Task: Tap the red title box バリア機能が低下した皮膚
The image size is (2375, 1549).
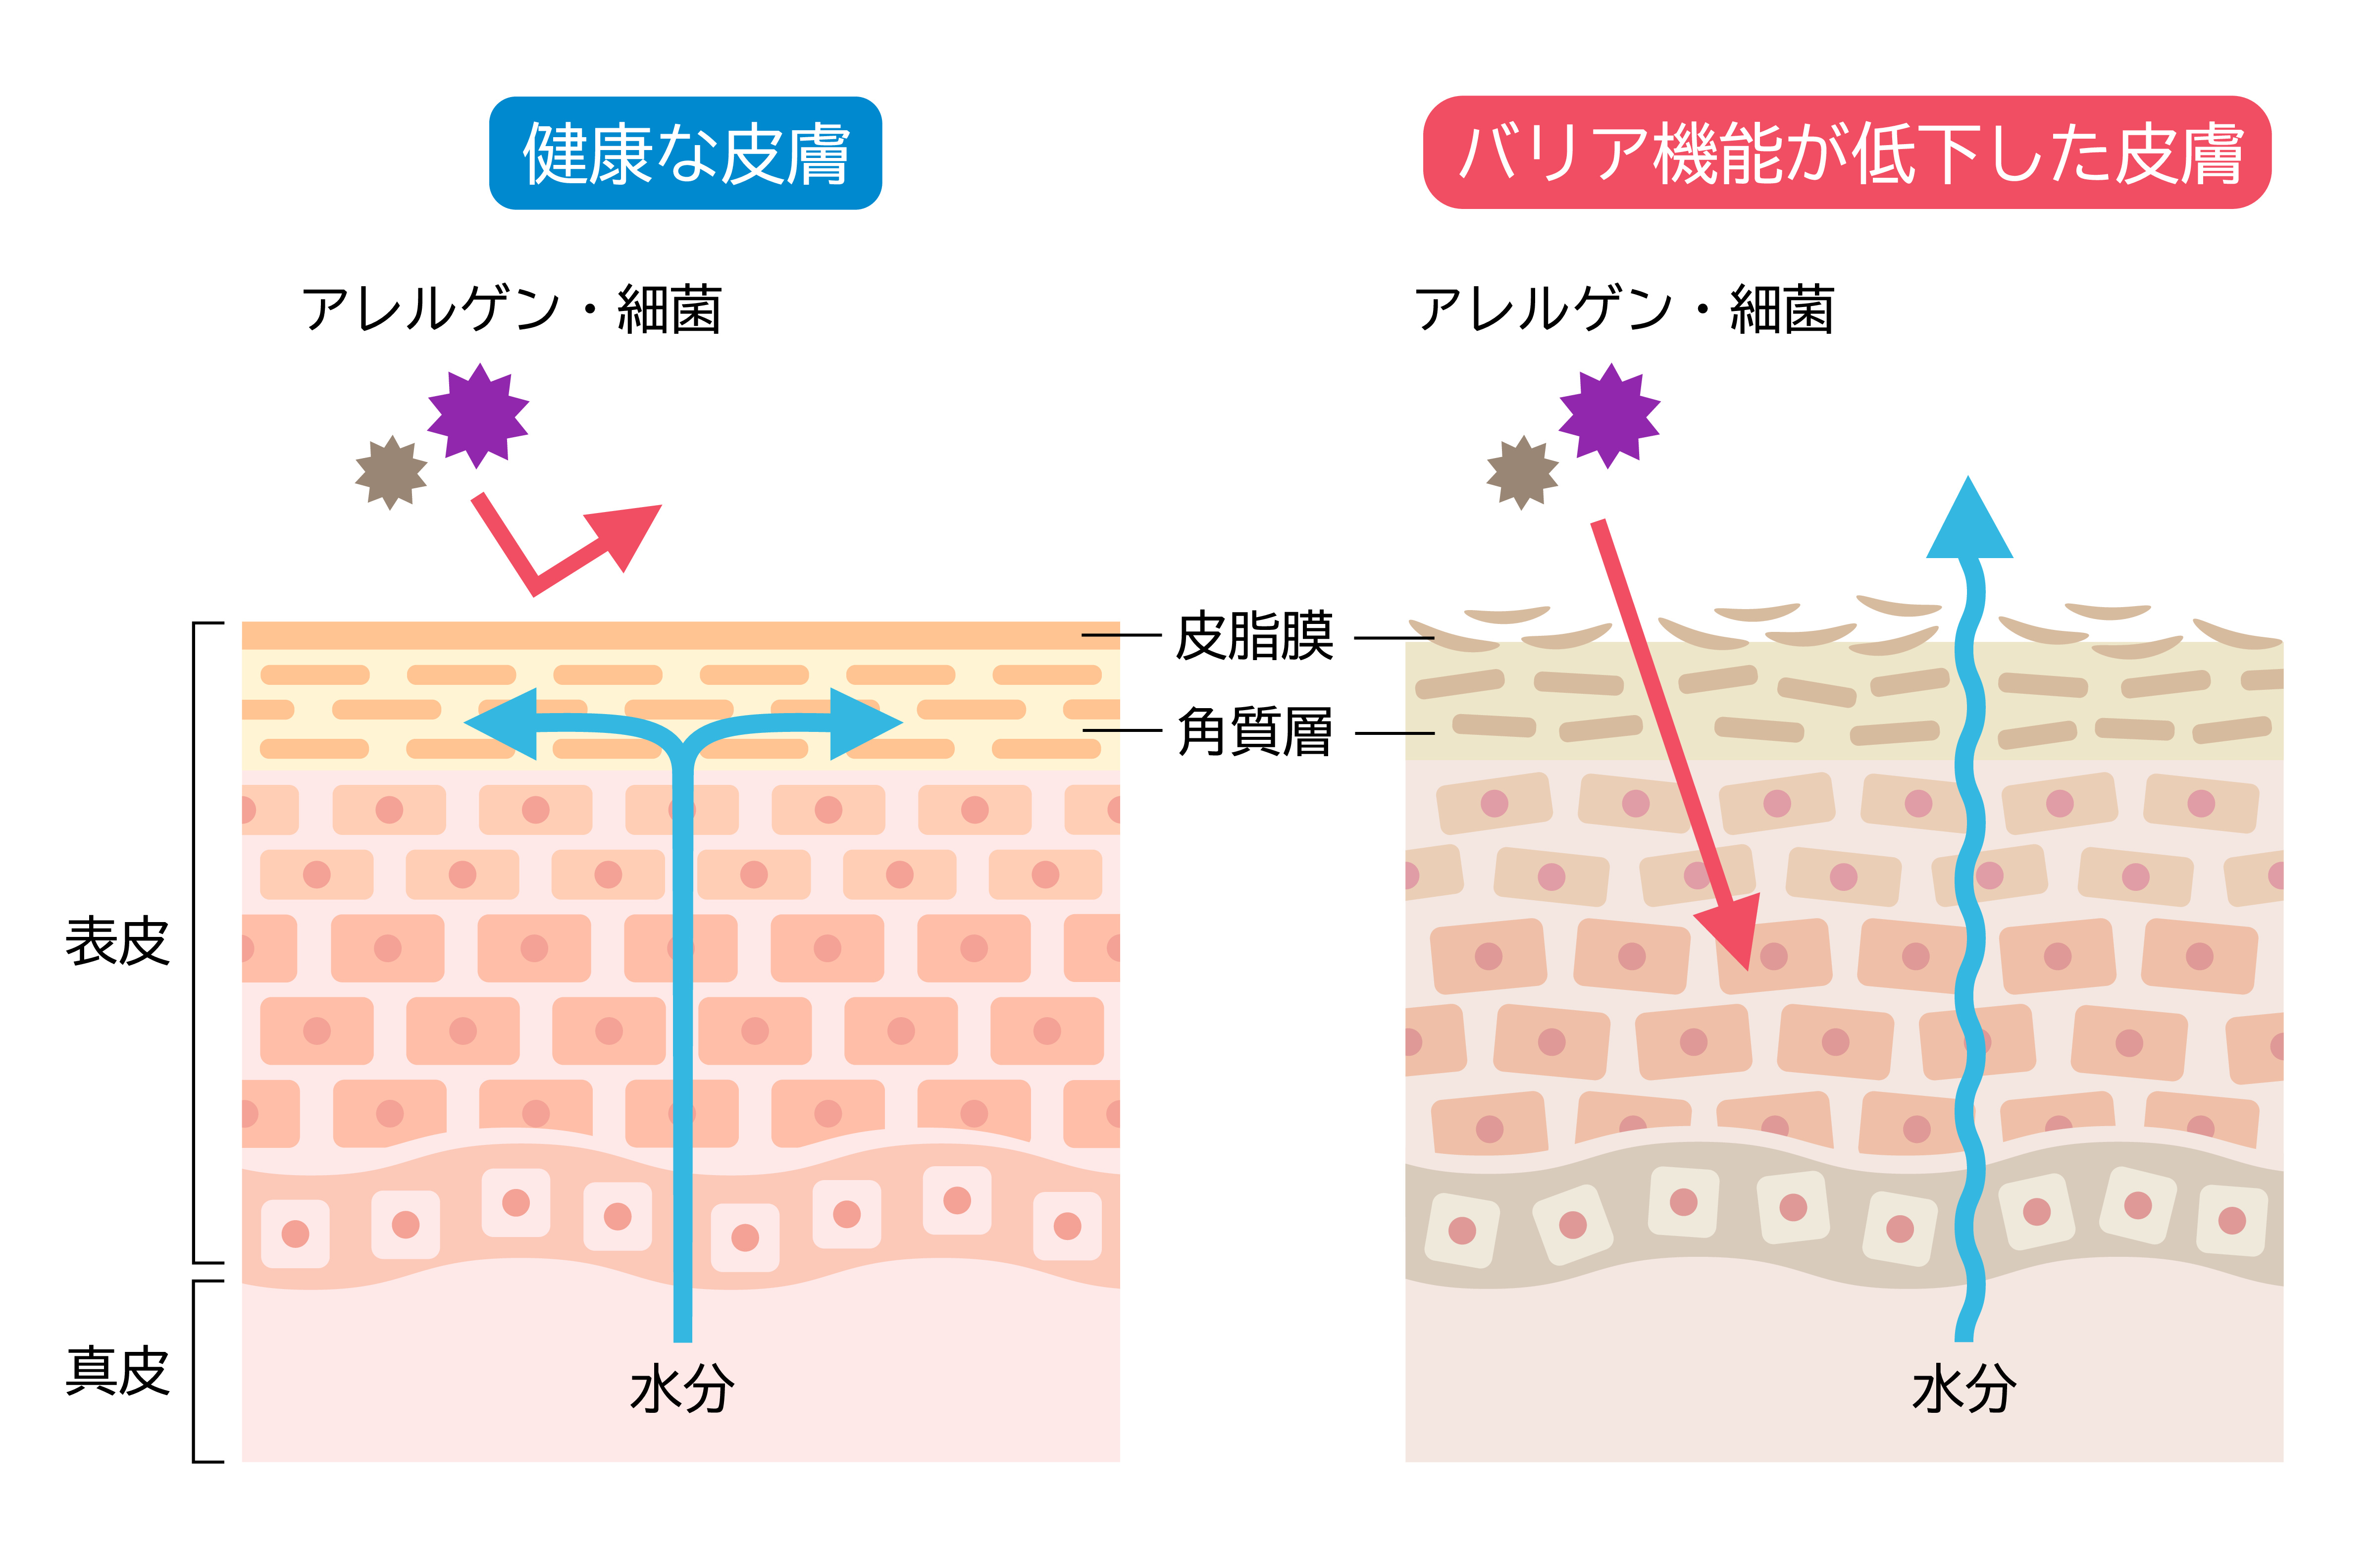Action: pyautogui.click(x=1846, y=153)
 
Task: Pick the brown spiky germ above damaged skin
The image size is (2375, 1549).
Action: pyautogui.click(x=1522, y=472)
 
